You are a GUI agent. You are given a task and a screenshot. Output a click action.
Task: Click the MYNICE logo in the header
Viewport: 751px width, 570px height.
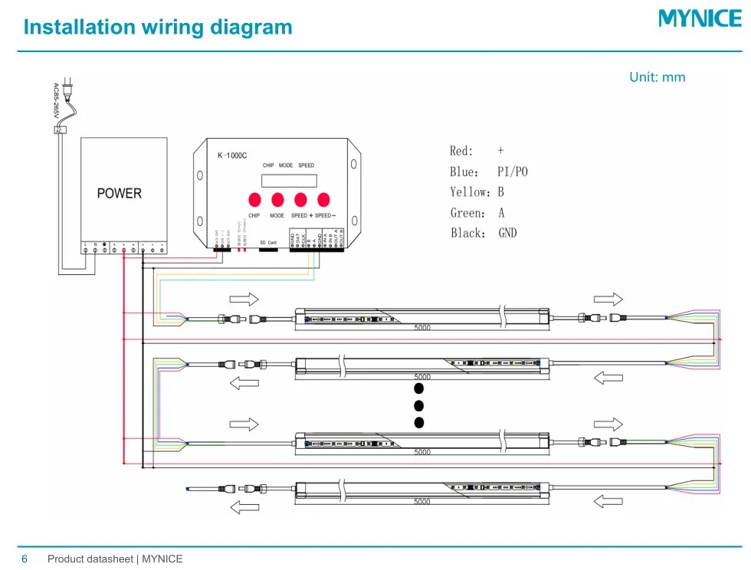pyautogui.click(x=700, y=18)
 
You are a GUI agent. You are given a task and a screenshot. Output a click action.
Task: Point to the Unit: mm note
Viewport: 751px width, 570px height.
pyautogui.click(x=657, y=77)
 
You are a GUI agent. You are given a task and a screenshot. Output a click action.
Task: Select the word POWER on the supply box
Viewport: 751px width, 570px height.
pyautogui.click(x=119, y=193)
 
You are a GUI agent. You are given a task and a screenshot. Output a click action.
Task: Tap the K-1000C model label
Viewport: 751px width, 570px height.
pyautogui.click(x=231, y=155)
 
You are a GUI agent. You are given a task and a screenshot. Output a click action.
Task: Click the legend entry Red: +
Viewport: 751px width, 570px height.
pyautogui.click(x=477, y=151)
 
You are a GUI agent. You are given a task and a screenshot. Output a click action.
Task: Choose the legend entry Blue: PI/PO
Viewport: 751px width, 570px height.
pyautogui.click(x=488, y=172)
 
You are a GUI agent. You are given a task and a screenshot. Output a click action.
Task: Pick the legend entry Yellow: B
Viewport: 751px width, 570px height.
pyautogui.click(x=477, y=192)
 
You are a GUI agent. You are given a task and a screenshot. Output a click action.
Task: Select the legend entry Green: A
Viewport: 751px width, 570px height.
pyautogui.click(x=477, y=213)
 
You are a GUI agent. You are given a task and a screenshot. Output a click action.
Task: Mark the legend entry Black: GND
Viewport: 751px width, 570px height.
pyautogui.click(x=484, y=233)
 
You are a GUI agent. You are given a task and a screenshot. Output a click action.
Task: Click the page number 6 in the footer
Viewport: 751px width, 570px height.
pyautogui.click(x=24, y=559)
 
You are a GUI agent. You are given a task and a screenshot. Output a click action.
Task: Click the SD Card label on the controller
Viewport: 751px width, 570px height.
pyautogui.click(x=268, y=242)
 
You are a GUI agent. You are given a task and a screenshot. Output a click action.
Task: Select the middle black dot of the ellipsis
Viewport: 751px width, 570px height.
pyautogui.click(x=418, y=406)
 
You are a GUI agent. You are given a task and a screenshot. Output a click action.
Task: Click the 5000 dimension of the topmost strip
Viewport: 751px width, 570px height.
pyautogui.click(x=422, y=328)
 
